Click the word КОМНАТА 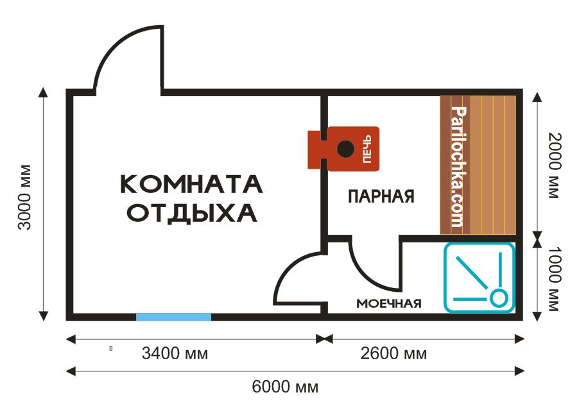click(x=191, y=184)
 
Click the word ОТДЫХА click(x=191, y=212)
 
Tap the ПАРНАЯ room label click(x=381, y=196)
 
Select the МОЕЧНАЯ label click(x=389, y=303)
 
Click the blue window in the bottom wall click(x=173, y=317)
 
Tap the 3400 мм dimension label click(x=176, y=353)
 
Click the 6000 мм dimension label click(x=285, y=387)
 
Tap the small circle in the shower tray click(x=497, y=297)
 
